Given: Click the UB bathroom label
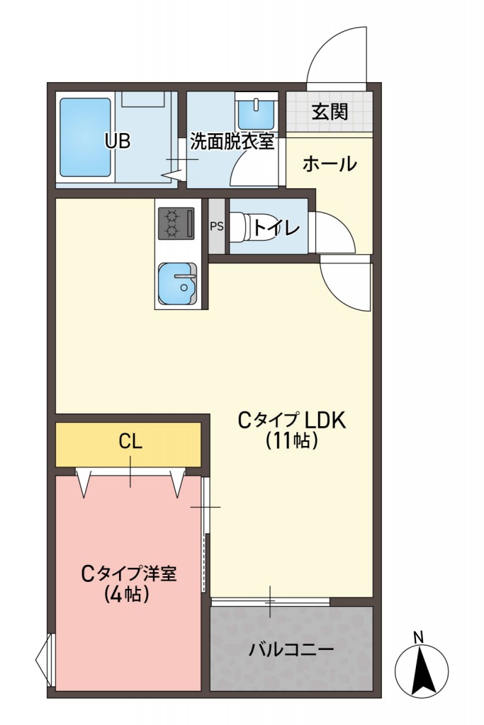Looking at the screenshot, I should (x=118, y=141).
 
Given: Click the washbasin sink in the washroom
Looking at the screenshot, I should (x=249, y=112).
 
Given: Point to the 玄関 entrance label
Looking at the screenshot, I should (x=330, y=111).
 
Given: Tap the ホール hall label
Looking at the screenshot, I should (x=330, y=165).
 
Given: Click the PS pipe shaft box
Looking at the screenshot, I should (x=216, y=227).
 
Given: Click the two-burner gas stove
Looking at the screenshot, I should (x=174, y=223).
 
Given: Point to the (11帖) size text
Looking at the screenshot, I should (x=291, y=441).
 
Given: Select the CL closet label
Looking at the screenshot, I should (x=130, y=443).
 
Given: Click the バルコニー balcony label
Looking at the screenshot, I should (x=291, y=649).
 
